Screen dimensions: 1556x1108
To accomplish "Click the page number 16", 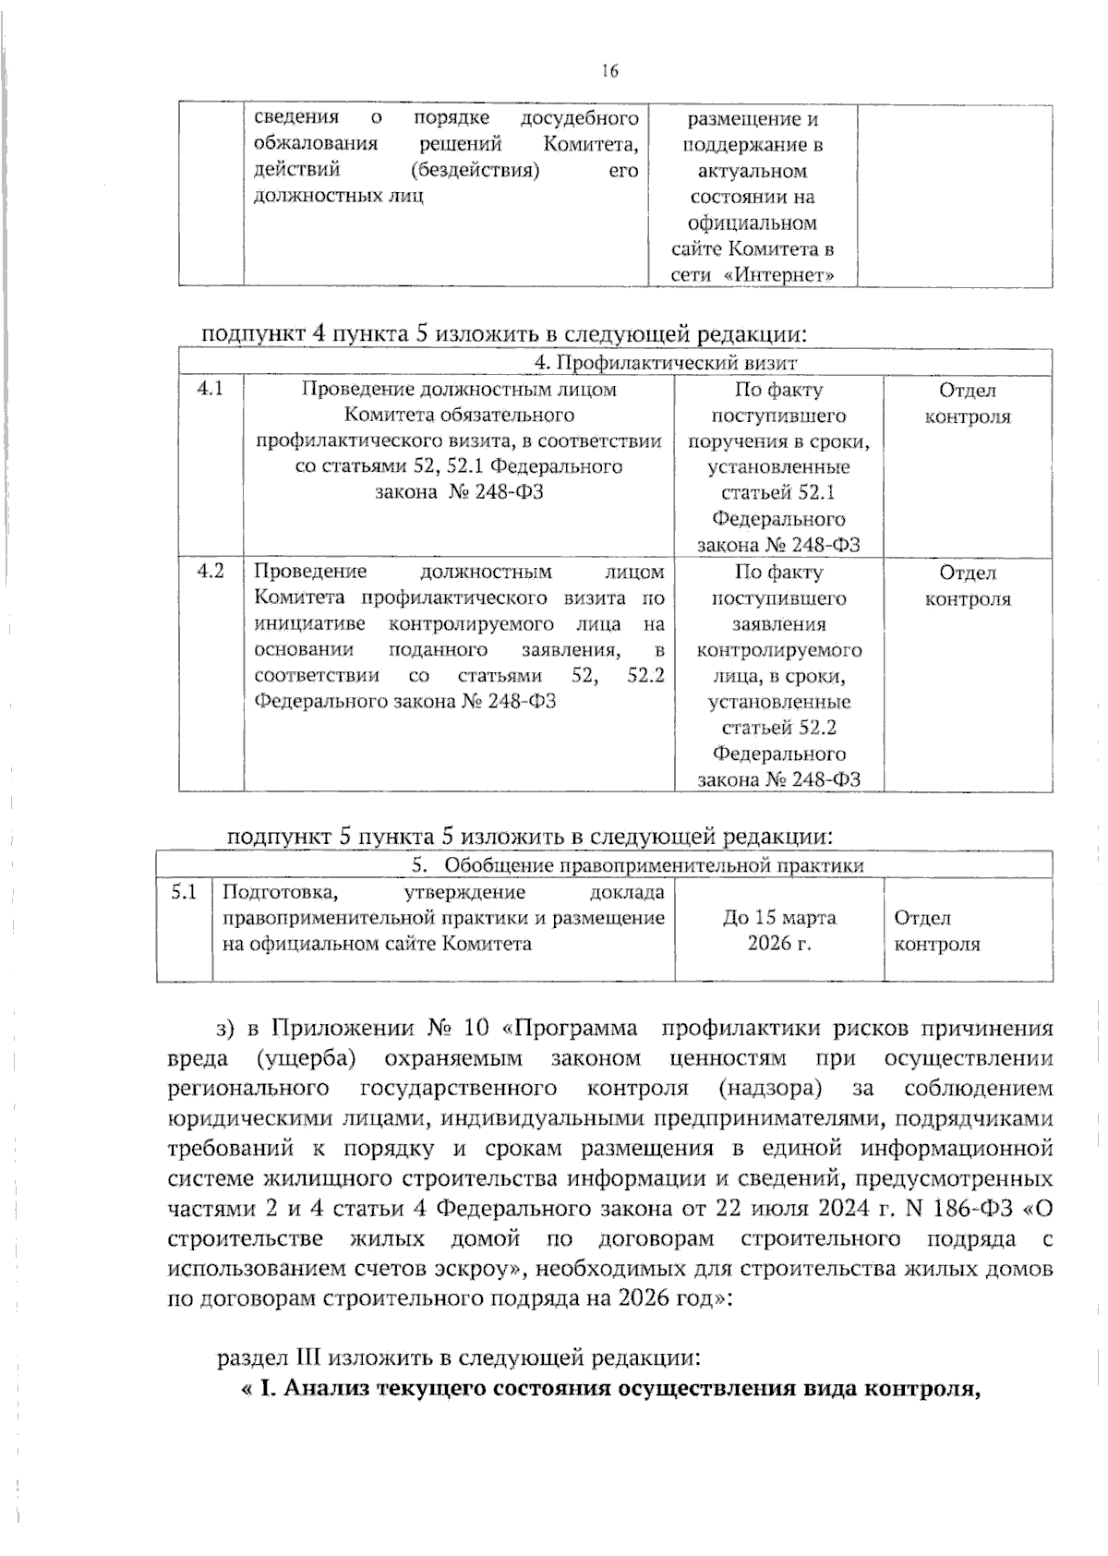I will (608, 71).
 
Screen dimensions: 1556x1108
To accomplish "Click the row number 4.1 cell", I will (211, 389).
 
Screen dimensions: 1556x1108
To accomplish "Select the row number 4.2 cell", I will (211, 572).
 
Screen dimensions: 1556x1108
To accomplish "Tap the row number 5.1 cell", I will (184, 892).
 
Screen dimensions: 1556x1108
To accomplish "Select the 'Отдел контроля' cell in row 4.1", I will (967, 404).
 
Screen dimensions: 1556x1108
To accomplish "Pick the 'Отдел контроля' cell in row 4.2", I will (967, 585).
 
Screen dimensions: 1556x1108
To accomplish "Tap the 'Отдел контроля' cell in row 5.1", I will (936, 931).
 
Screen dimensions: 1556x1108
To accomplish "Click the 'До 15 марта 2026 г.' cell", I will (779, 931).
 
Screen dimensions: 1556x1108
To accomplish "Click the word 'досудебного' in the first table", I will (580, 118).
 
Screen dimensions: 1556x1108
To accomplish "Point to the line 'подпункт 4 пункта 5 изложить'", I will (510, 333).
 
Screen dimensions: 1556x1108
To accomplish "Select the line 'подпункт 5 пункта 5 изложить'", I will (531, 837).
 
